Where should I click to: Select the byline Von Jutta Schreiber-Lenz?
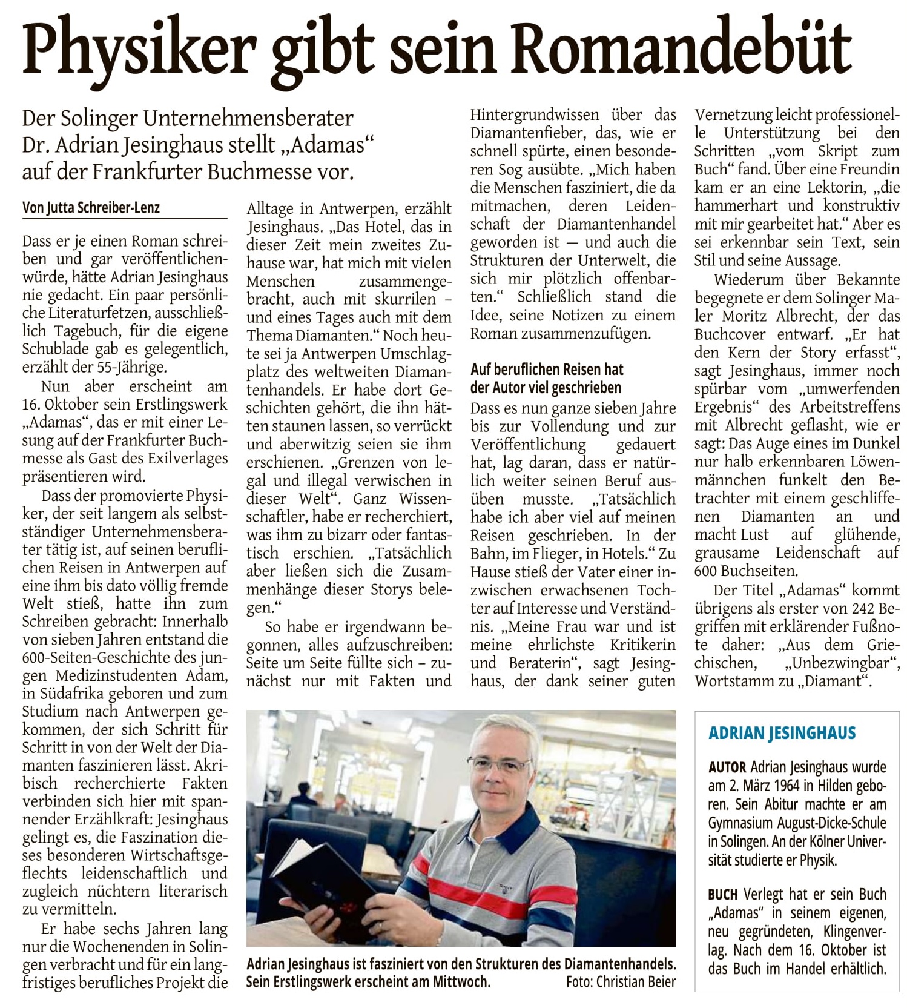pos(91,208)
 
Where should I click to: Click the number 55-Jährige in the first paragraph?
pos(131,367)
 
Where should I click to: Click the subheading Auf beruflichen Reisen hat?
pos(547,370)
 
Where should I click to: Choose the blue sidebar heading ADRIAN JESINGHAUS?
pos(782,733)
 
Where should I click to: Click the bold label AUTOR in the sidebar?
pos(727,767)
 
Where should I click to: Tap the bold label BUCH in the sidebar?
pos(723,894)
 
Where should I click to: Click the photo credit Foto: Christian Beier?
pos(620,981)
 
